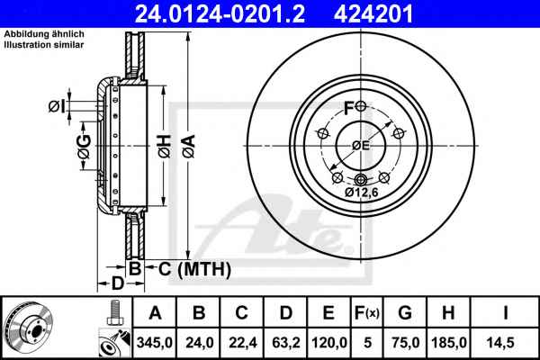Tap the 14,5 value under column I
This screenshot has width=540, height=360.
(x=506, y=342)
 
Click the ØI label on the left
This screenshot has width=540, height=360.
(x=56, y=107)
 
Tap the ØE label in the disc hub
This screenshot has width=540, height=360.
(x=360, y=147)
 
